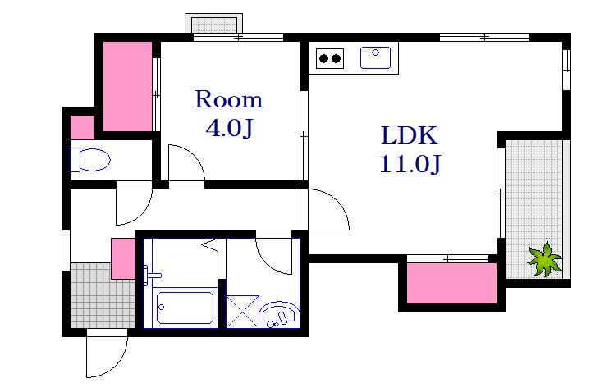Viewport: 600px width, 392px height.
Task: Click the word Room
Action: point(229,99)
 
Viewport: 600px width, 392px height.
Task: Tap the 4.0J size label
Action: point(229,128)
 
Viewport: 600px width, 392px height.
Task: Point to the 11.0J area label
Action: point(410,164)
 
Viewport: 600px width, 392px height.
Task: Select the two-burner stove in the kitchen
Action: point(330,58)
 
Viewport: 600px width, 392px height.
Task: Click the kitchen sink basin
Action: point(375,57)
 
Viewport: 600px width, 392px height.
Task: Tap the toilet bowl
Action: point(90,159)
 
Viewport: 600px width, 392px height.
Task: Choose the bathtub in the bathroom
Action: point(185,308)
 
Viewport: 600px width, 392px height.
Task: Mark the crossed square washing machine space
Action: point(243,312)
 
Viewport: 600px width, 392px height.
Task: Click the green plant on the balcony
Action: point(544,259)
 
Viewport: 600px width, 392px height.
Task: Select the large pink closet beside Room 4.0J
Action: point(127,86)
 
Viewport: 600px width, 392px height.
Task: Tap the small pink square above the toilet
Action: point(82,127)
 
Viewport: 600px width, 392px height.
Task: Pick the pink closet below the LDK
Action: point(451,283)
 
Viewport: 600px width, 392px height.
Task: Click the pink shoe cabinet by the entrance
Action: point(123,259)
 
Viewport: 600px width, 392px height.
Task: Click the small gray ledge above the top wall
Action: point(213,24)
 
